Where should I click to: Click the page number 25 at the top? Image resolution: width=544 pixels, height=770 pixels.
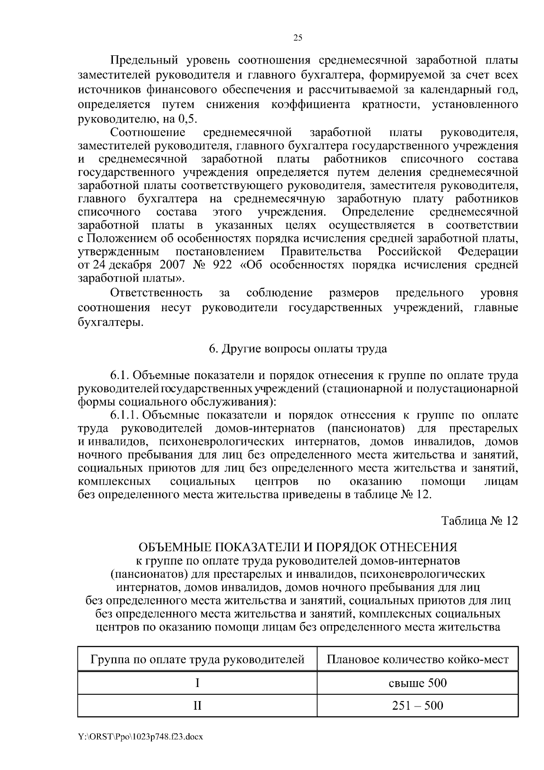(x=298, y=38)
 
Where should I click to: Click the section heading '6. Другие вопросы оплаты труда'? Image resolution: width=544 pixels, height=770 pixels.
(x=298, y=349)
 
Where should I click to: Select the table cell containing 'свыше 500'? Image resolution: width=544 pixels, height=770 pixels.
(x=418, y=683)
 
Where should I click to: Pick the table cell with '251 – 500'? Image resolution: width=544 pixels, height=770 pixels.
(x=418, y=706)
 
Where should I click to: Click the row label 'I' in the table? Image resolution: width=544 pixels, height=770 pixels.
(x=197, y=683)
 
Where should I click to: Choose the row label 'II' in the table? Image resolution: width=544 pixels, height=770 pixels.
(x=197, y=706)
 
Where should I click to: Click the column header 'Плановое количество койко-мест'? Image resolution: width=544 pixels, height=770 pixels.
(x=418, y=659)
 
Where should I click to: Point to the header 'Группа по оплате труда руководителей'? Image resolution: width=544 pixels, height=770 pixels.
(x=197, y=659)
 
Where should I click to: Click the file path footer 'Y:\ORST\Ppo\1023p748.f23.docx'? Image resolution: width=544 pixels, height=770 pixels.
(x=140, y=737)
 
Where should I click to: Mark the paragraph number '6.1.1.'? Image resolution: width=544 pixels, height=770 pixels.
(x=125, y=416)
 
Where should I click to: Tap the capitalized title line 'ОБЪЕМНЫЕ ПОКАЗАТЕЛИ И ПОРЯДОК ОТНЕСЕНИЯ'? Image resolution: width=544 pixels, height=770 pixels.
(x=298, y=547)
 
